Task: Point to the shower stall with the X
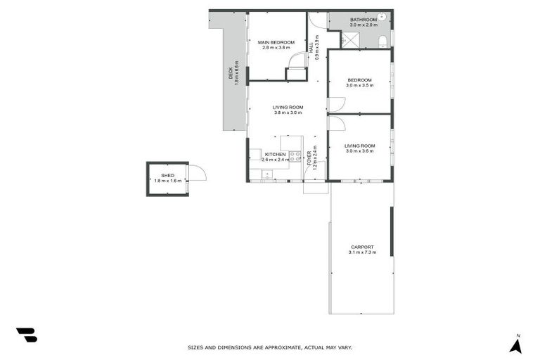click(x=350, y=39)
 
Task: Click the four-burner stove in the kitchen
click(x=295, y=156)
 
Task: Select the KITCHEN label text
click(x=275, y=154)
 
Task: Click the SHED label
click(x=167, y=176)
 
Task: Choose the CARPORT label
click(x=362, y=247)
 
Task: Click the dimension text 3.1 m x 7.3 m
click(x=362, y=252)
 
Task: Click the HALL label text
click(x=311, y=48)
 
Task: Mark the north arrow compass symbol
click(x=515, y=344)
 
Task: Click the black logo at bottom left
click(x=27, y=335)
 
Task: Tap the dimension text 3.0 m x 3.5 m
click(x=360, y=85)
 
